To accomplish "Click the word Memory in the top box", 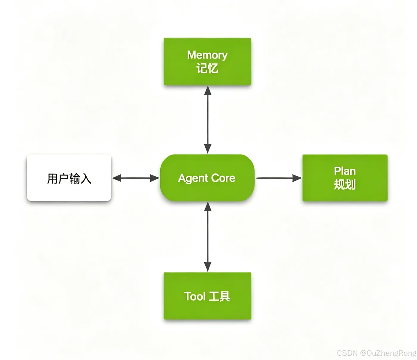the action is [x=207, y=55].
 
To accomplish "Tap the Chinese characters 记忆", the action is [x=207, y=68].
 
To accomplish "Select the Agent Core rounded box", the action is [x=207, y=178].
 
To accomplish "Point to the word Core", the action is [x=223, y=178].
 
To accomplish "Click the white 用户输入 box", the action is [x=69, y=178].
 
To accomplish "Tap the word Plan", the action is [x=345, y=171].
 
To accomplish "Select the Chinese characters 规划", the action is [x=345, y=185].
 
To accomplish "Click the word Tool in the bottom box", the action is [x=195, y=296].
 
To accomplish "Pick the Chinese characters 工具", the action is [x=219, y=296].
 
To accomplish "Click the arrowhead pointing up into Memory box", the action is [x=208, y=90].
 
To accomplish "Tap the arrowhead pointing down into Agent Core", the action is [x=208, y=149].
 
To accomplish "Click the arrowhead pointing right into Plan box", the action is [x=297, y=178].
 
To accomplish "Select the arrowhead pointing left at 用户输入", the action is [x=117, y=178].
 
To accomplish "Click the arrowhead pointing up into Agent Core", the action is [x=208, y=206].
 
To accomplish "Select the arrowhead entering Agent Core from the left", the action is [x=155, y=178].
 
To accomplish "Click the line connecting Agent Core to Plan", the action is [x=279, y=178].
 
